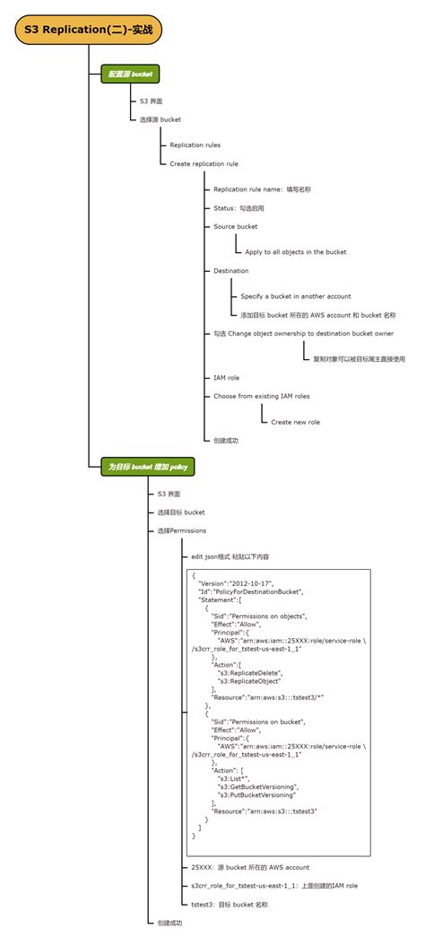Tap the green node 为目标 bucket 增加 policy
[x=146, y=467]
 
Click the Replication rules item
[x=195, y=145]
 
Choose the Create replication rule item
[x=204, y=164]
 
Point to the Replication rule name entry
[x=262, y=189]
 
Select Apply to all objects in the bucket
[x=295, y=252]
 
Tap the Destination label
[x=230, y=270]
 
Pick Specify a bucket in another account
[x=295, y=296]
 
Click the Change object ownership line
[x=303, y=333]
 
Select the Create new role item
[x=295, y=422]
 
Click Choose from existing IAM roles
[x=262, y=396]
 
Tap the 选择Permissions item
[x=181, y=530]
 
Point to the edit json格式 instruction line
[x=236, y=556]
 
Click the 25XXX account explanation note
[x=250, y=868]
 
